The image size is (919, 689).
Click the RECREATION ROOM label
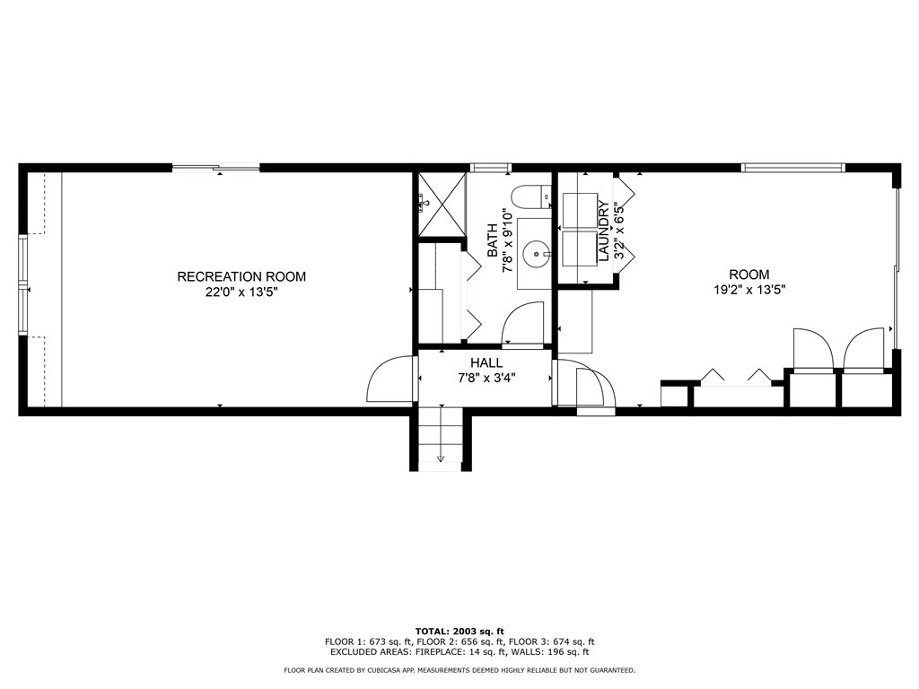point(241,276)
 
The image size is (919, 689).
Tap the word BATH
point(492,240)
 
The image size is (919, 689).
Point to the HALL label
point(486,363)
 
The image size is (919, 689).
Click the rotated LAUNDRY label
point(603,231)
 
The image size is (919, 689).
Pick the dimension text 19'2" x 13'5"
point(748,290)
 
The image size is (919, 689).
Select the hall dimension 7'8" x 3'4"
point(486,378)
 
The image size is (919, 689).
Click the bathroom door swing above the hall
point(524,324)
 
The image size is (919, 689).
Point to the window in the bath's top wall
point(491,168)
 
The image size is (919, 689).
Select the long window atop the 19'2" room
point(793,167)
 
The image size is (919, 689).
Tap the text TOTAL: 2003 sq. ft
point(459,631)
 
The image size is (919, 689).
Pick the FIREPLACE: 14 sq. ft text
point(461,652)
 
